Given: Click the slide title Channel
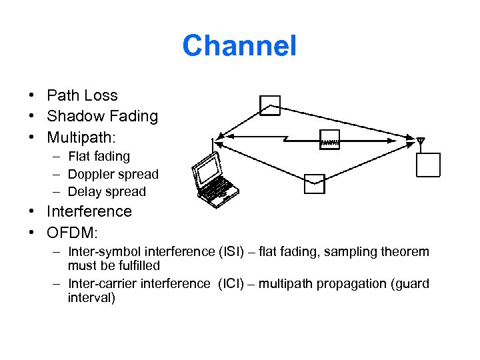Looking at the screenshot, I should (x=239, y=46).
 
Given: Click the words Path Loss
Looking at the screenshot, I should (x=82, y=95).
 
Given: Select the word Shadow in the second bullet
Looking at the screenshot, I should (x=70, y=116).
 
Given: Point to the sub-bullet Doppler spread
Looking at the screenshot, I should (x=113, y=174).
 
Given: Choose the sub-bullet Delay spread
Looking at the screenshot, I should (x=107, y=191).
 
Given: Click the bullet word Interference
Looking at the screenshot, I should (x=89, y=211).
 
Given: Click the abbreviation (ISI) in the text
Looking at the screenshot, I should (x=235, y=252).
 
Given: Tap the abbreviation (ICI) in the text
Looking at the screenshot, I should (x=234, y=283).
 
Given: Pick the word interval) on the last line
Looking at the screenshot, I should (x=91, y=297).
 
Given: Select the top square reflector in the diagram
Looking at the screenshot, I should (x=270, y=105).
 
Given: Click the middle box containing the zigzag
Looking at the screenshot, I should (x=330, y=139).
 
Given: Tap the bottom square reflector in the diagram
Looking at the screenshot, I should (x=314, y=184).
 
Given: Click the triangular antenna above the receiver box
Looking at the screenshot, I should (x=421, y=141).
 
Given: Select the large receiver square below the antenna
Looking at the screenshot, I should (x=427, y=165).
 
